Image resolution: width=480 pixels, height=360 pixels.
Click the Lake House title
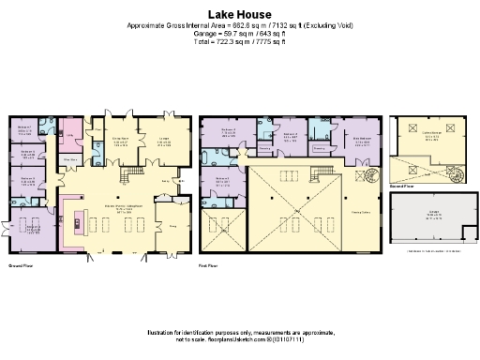coord(240,14)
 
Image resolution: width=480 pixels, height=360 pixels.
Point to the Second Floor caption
coord(400,187)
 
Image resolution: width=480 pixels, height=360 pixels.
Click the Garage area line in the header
coord(240,35)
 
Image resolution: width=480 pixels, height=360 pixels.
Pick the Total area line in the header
coord(240,43)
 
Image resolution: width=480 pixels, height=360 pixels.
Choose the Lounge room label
coord(163,142)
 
